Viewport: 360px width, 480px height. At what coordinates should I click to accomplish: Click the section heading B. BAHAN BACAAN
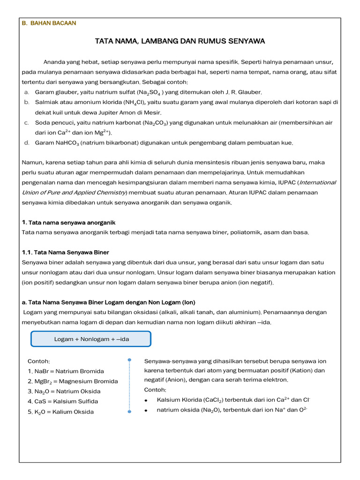click(49, 23)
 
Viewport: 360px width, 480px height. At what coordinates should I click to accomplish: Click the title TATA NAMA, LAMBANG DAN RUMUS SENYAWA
click(180, 41)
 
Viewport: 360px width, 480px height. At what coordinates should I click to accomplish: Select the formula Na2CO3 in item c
click(156, 123)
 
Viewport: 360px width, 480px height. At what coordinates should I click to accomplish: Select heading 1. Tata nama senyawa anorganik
click(68, 222)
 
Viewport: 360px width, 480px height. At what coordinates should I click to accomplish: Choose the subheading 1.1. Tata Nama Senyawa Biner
click(66, 252)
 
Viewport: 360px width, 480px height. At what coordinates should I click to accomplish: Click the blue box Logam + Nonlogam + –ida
click(91, 339)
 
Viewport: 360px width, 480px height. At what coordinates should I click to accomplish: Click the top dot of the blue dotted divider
click(129, 360)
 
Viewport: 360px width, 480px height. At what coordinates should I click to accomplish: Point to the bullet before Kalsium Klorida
click(147, 400)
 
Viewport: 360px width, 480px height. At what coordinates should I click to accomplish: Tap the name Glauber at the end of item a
click(250, 92)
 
